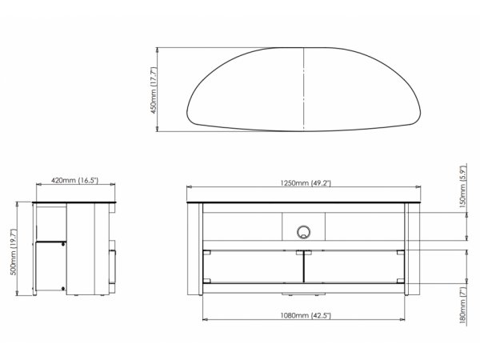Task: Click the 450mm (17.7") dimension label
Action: [x=154, y=90]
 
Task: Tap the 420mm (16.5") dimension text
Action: [x=74, y=180]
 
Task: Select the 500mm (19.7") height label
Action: [x=14, y=252]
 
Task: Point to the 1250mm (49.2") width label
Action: [x=306, y=183]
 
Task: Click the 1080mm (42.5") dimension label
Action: [x=306, y=315]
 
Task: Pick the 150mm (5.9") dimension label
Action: [x=463, y=186]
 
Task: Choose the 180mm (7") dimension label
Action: [x=463, y=305]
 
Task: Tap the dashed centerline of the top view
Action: [x=303, y=90]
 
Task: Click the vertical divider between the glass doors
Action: [x=304, y=266]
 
